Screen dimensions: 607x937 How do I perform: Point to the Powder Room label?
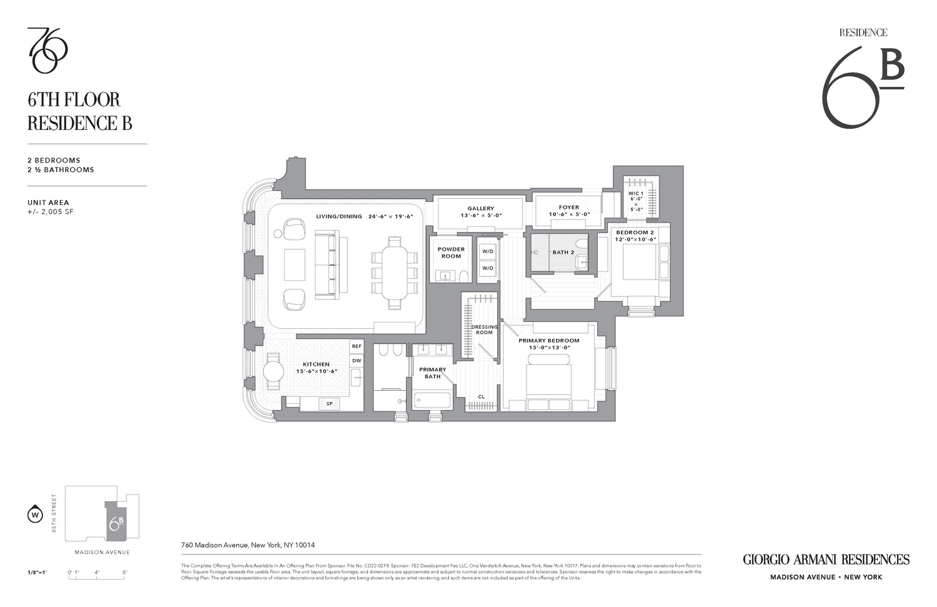click(451, 253)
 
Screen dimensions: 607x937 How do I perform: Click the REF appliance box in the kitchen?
click(357, 346)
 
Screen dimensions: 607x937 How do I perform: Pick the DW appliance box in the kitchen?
click(357, 361)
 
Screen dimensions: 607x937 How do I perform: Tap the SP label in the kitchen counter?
click(329, 404)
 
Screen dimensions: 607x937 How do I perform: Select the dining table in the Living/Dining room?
click(394, 273)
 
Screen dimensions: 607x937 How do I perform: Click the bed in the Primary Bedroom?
click(549, 379)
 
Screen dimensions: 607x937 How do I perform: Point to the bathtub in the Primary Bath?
click(432, 399)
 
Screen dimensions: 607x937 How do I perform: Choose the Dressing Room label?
click(484, 329)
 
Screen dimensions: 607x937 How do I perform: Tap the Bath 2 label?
click(563, 253)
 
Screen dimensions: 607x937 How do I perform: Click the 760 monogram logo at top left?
click(47, 50)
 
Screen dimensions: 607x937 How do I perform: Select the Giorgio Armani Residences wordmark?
click(826, 559)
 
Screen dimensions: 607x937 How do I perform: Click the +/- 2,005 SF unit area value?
click(51, 212)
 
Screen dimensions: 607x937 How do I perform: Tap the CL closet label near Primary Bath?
click(481, 397)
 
